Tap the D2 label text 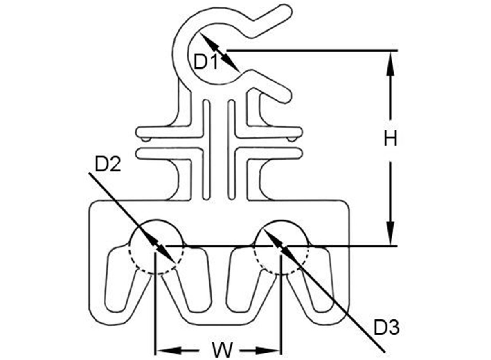pyautogui.click(x=108, y=164)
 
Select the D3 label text pyautogui.click(x=387, y=327)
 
